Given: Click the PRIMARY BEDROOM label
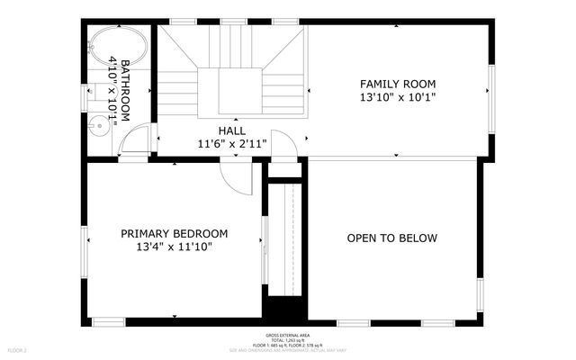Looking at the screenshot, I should (x=175, y=233).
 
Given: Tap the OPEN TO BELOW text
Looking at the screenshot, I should (x=392, y=238).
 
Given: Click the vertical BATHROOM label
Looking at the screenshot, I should (x=125, y=90).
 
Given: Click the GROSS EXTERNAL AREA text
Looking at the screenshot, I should (x=288, y=333).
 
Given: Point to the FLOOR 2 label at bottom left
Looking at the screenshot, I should (x=18, y=349).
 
